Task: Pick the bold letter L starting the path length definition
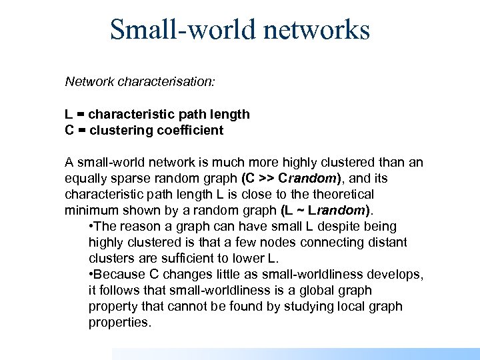[69, 114]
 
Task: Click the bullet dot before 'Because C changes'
[91, 275]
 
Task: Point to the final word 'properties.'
[121, 323]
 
